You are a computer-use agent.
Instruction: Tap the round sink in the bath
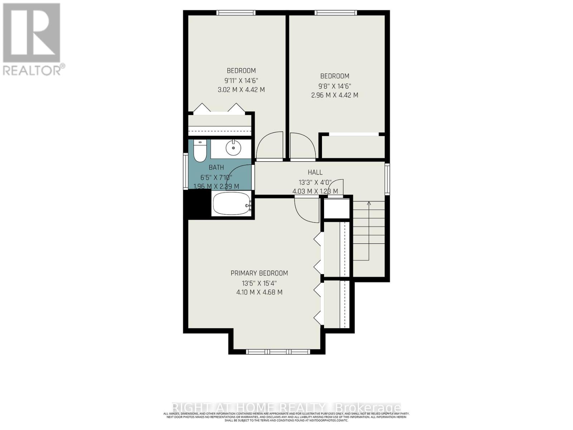point(233,147)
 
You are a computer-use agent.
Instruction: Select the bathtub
point(232,204)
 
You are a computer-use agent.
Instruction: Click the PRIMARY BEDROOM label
point(259,273)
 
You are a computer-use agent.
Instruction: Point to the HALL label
point(315,172)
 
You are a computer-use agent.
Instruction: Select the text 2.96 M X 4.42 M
point(334,95)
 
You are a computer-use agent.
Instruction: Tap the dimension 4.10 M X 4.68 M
point(259,292)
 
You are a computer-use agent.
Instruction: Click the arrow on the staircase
point(369,204)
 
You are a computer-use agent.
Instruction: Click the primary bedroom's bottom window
point(278,352)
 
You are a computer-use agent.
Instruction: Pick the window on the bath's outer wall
point(186,171)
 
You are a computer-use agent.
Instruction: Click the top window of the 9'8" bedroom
point(336,13)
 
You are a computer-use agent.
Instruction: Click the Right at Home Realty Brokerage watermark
point(286,408)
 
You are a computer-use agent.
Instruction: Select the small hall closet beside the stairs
point(337,209)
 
